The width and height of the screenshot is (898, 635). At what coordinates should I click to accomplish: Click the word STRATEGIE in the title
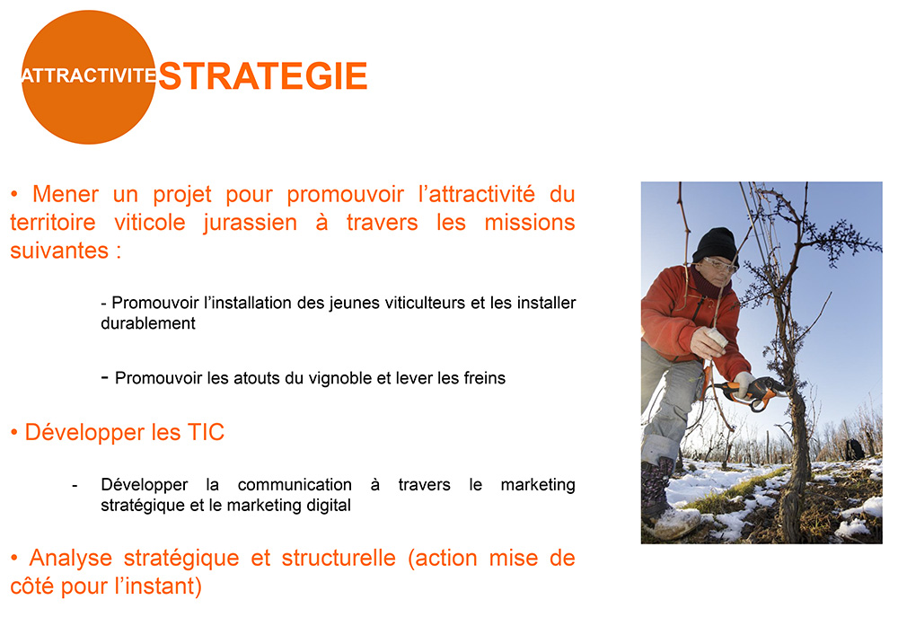(263, 76)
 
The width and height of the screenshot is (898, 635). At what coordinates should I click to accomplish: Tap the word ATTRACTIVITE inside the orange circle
(89, 75)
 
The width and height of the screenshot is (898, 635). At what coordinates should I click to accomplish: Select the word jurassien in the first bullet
(251, 224)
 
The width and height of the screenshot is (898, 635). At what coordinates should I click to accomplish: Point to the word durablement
(148, 323)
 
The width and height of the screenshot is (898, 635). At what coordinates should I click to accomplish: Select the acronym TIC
(206, 432)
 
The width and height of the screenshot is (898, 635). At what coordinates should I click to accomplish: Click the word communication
(295, 484)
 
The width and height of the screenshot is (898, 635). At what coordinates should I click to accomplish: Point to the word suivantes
(59, 251)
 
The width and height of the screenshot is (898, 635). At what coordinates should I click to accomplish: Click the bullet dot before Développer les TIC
(14, 433)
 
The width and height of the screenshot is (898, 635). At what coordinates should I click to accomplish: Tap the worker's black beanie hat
(715, 245)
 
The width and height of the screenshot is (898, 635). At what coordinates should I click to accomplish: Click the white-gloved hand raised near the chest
(709, 342)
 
